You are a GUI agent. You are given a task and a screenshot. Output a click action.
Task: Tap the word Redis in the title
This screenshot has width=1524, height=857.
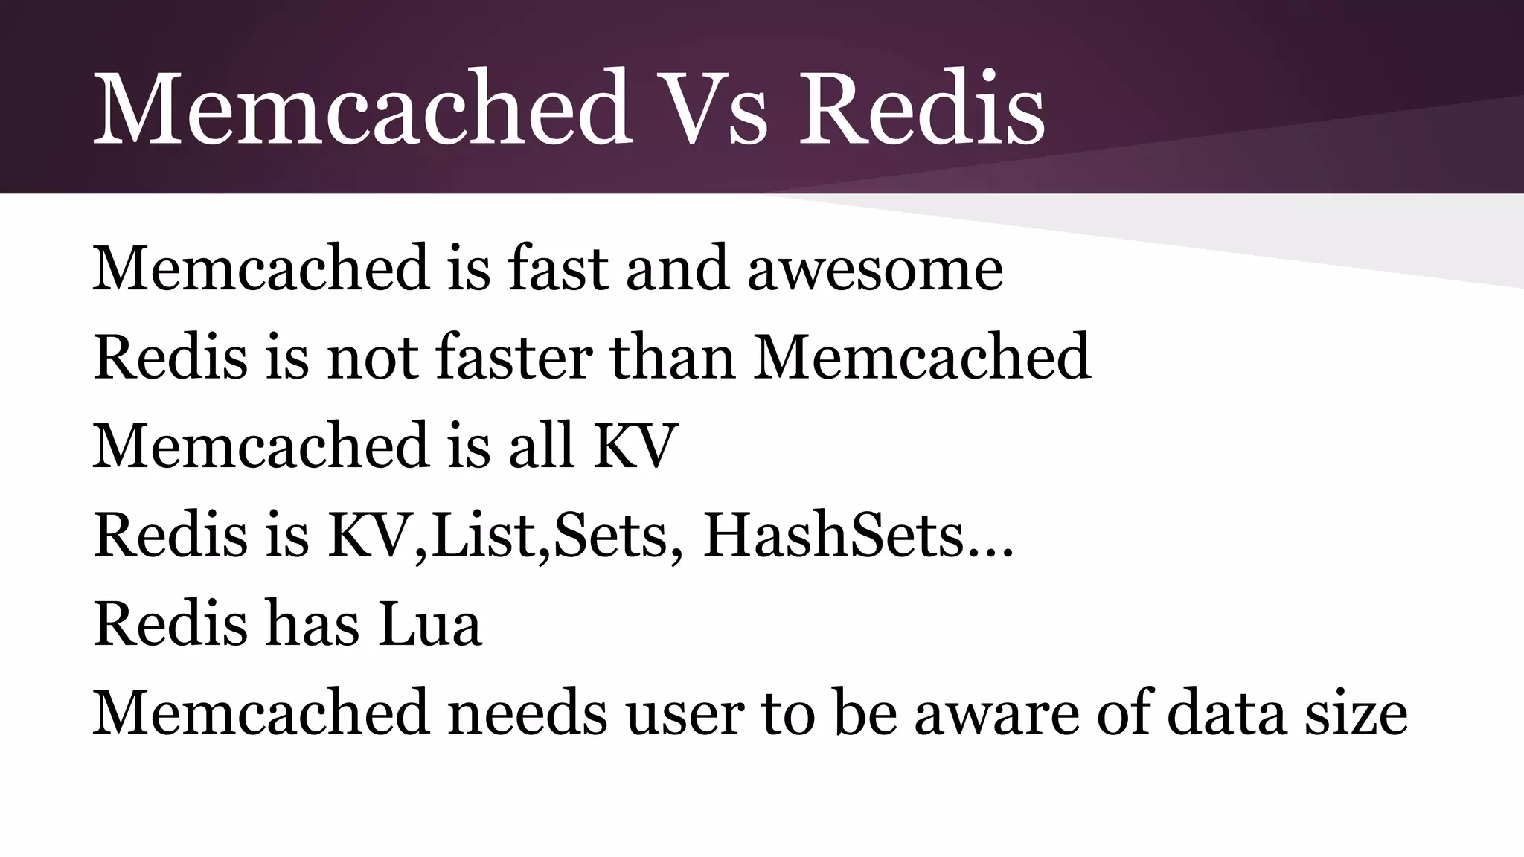[921, 109]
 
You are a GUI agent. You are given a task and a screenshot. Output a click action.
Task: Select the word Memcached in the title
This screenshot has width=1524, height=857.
[362, 109]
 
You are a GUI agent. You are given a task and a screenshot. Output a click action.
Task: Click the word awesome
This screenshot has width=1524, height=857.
[875, 269]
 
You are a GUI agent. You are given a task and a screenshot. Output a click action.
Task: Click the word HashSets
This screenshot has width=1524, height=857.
[833, 536]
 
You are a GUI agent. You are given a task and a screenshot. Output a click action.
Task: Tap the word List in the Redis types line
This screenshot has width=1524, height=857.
[484, 536]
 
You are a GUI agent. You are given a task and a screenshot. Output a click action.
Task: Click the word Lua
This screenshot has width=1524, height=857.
[430, 625]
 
